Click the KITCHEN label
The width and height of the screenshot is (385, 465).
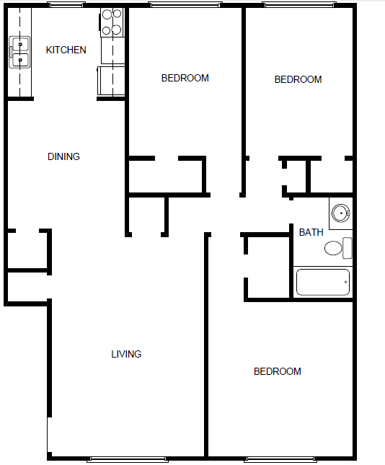point(66,50)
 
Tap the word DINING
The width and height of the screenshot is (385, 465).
point(63,156)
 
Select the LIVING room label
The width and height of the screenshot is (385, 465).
point(126,354)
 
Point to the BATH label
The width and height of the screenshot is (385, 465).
point(311,232)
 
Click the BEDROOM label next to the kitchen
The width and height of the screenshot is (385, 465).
point(185,78)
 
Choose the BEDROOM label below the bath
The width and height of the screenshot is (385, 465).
point(277,371)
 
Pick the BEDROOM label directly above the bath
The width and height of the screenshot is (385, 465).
point(298,79)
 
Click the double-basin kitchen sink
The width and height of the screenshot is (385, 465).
point(20,53)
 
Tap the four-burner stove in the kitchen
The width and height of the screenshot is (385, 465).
point(111,22)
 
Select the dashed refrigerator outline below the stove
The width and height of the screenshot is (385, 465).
point(111,80)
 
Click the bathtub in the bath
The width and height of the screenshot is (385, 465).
point(323,282)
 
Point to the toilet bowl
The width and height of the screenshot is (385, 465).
point(333,249)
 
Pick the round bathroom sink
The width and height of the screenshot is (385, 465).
point(340,213)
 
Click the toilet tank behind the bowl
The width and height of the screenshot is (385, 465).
point(348,248)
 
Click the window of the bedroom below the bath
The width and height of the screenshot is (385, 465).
point(281,459)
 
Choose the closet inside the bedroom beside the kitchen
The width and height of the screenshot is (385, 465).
point(165,176)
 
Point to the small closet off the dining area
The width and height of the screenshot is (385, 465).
point(27,250)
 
